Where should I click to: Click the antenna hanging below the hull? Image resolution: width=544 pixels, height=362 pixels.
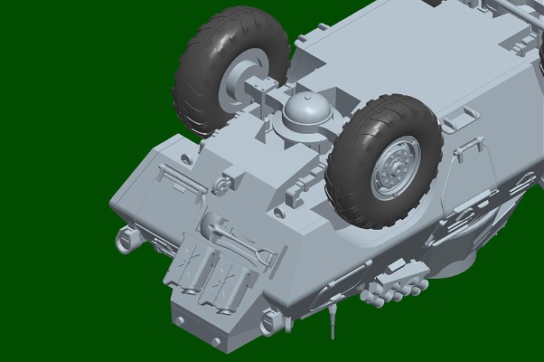coord(333,322)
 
